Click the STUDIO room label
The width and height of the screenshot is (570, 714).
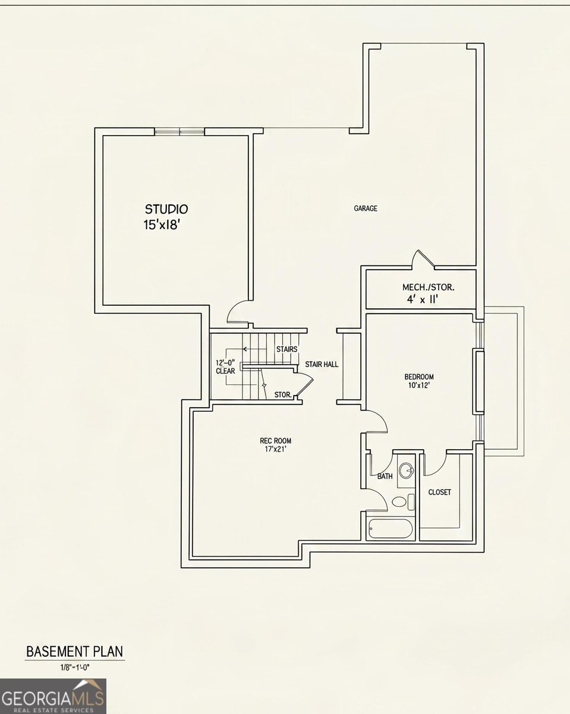click(x=166, y=209)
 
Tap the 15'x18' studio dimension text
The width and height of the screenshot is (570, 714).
click(x=162, y=225)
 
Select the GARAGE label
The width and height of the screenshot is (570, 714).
click(x=366, y=208)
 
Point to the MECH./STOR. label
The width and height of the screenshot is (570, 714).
click(x=428, y=287)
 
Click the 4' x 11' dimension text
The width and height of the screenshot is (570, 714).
click(x=423, y=300)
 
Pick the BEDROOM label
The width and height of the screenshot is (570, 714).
click(x=419, y=377)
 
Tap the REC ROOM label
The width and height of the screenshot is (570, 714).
click(x=275, y=441)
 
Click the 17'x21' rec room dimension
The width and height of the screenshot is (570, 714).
click(x=275, y=450)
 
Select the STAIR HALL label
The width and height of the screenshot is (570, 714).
click(x=322, y=364)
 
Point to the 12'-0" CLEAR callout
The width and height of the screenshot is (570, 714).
click(x=225, y=367)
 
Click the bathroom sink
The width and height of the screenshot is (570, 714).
click(x=406, y=471)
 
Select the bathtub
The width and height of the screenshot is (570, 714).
click(x=391, y=529)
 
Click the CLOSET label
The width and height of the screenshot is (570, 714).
click(x=439, y=492)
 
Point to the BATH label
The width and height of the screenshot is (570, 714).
click(x=385, y=477)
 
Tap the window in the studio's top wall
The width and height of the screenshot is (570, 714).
click(x=179, y=131)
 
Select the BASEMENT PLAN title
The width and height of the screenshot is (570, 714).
click(x=74, y=652)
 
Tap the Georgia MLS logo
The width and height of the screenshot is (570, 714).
click(x=53, y=696)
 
